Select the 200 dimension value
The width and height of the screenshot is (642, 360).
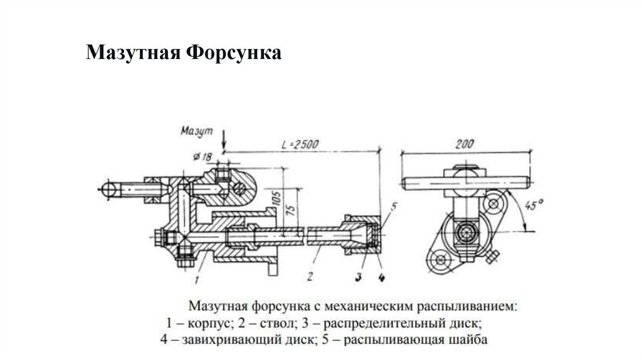coord(465,144)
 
